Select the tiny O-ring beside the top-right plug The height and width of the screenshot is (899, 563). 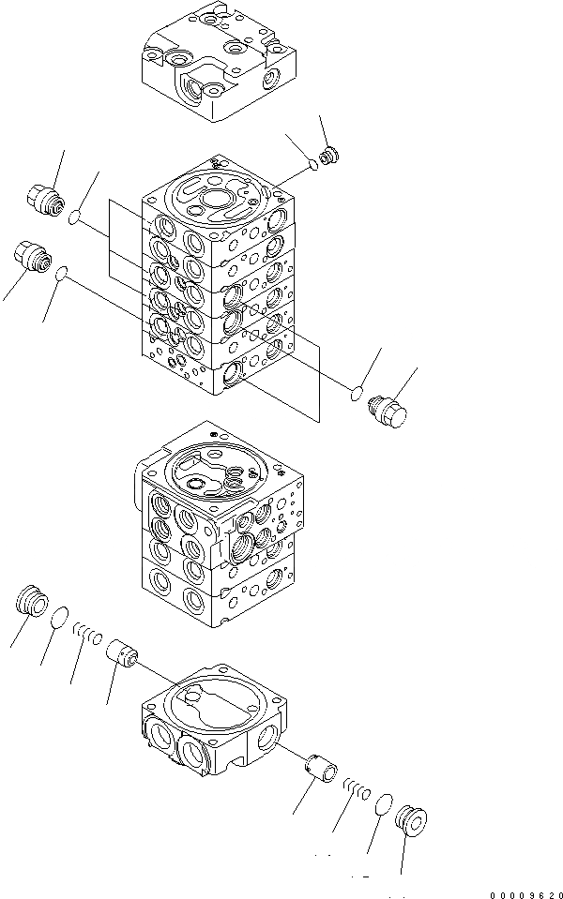312,165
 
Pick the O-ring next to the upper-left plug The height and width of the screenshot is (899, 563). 77,217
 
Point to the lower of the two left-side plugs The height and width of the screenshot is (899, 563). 30,255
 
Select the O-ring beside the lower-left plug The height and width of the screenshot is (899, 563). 61,274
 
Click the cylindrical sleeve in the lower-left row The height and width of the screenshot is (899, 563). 122,652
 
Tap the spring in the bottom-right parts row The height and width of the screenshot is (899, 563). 356,788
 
